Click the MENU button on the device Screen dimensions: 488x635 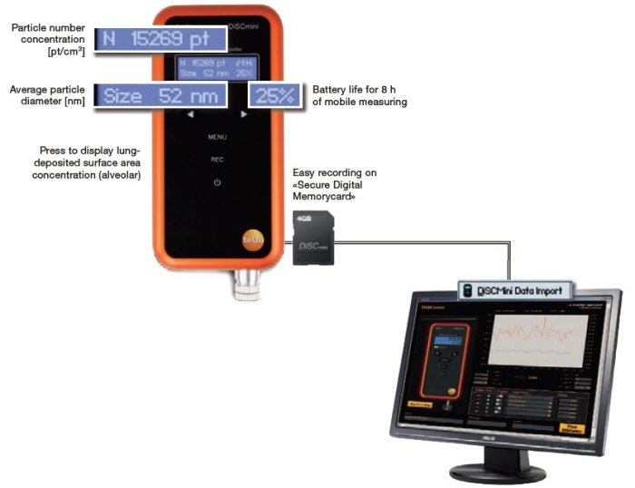click(216, 137)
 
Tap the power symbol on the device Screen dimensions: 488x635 click(216, 182)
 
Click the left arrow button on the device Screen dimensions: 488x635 click(190, 115)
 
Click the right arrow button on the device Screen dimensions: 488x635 click(244, 115)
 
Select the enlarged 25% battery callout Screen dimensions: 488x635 click(275, 95)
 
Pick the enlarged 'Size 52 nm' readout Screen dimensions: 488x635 click(159, 95)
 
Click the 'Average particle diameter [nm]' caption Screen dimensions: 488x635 click(47, 95)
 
